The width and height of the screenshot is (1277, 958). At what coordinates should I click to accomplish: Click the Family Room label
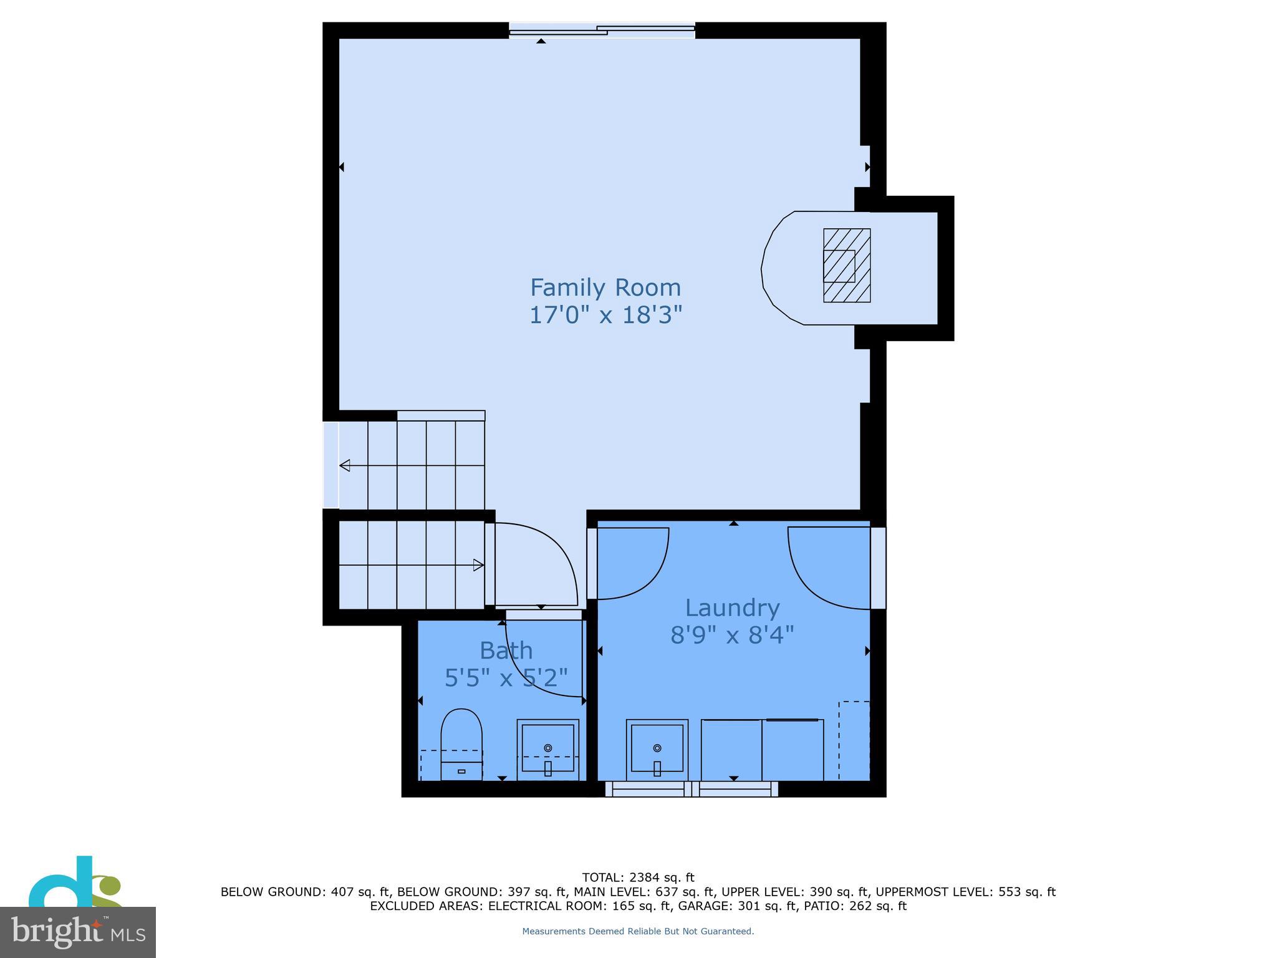(605, 288)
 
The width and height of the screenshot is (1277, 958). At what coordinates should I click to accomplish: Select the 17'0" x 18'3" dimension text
(605, 315)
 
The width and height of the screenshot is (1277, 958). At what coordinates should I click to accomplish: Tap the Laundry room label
(732, 607)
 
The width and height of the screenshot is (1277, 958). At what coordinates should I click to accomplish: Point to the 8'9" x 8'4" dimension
(732, 636)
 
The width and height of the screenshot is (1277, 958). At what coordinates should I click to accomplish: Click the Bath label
(506, 651)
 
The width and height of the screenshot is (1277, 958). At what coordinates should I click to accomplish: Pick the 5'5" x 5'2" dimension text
(506, 678)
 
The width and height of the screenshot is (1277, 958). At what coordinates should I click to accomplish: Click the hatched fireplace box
(846, 266)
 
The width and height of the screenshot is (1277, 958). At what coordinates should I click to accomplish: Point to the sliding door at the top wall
(602, 30)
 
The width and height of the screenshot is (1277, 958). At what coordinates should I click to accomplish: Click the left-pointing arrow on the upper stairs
(345, 465)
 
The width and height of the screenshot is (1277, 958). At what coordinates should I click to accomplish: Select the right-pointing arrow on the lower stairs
(478, 566)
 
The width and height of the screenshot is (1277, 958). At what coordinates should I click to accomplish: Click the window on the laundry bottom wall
(692, 790)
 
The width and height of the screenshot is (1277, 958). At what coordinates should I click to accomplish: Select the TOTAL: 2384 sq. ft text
(637, 878)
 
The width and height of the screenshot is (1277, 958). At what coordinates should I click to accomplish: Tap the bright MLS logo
(77, 932)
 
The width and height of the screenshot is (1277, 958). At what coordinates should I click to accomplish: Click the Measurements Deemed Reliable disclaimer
(637, 931)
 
